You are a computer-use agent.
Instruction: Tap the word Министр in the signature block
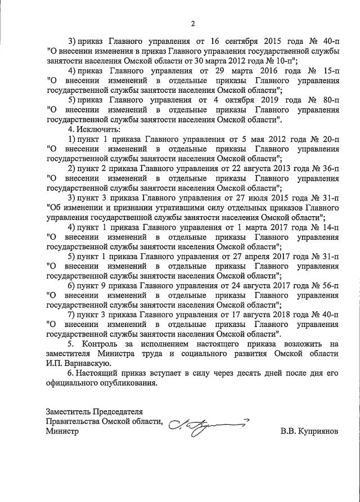click(62, 432)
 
